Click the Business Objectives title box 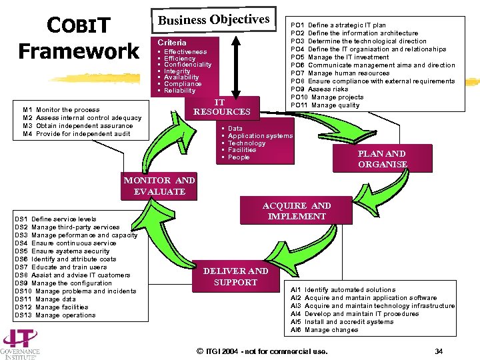click(213, 20)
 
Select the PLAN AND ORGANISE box click(382, 159)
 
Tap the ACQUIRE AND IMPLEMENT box click(297, 211)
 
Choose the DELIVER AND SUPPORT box click(235, 276)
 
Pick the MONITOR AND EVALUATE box click(159, 186)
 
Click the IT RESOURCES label click(221, 107)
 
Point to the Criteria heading click(172, 42)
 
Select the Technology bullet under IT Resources click(247, 143)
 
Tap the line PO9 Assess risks click(319, 89)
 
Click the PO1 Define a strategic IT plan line click(338, 25)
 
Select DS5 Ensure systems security click(61, 251)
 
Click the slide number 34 click(438, 351)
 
